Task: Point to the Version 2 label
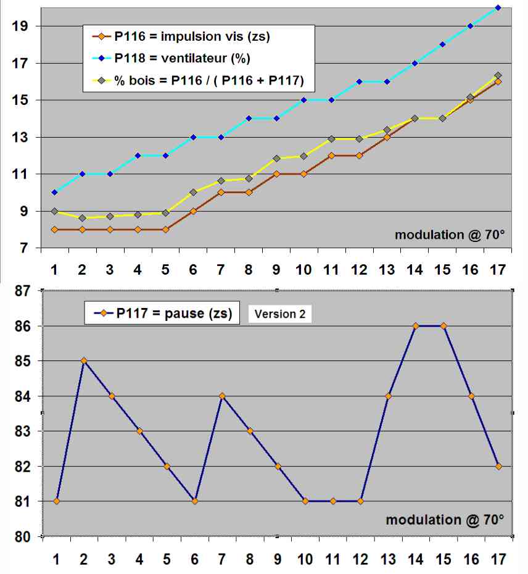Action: click(x=280, y=314)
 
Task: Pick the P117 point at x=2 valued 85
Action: click(x=84, y=360)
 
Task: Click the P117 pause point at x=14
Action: click(x=416, y=325)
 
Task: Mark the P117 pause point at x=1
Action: click(x=57, y=501)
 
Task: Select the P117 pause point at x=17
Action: click(x=498, y=466)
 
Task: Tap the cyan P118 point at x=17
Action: click(x=498, y=7)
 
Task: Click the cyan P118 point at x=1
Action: click(x=54, y=193)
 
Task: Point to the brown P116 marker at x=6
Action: click(x=193, y=211)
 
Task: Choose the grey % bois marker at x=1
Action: click(x=54, y=211)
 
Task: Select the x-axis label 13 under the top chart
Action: click(x=387, y=270)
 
